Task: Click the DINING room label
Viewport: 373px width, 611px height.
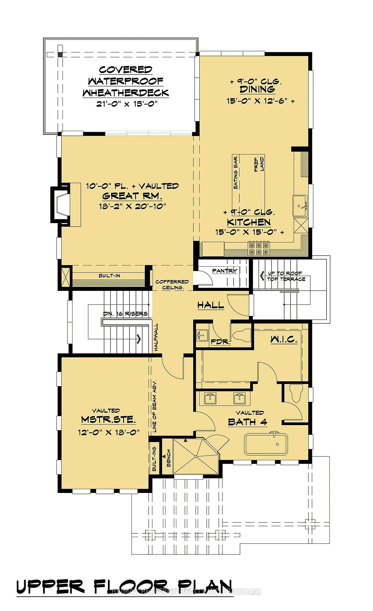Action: point(257,89)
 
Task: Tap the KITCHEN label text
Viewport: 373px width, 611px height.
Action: point(249,222)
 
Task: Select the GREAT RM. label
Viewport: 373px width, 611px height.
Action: point(132,196)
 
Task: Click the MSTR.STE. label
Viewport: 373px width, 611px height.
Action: point(108,420)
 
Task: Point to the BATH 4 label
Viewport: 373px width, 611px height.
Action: point(247,422)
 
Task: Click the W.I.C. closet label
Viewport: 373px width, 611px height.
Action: point(284,339)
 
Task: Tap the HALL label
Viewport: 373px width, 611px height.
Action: point(210,305)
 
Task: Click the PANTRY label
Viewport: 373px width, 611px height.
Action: point(224,271)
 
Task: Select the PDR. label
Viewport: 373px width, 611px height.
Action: point(220,342)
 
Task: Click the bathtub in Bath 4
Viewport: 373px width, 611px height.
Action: point(266,445)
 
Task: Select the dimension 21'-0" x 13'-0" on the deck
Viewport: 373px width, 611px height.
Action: point(127,104)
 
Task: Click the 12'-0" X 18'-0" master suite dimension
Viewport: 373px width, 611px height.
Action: point(109,432)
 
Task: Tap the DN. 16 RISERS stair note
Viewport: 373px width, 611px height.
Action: point(125,314)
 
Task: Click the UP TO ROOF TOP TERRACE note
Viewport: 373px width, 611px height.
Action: point(286,276)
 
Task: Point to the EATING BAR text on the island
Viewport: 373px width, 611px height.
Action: point(236,173)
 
